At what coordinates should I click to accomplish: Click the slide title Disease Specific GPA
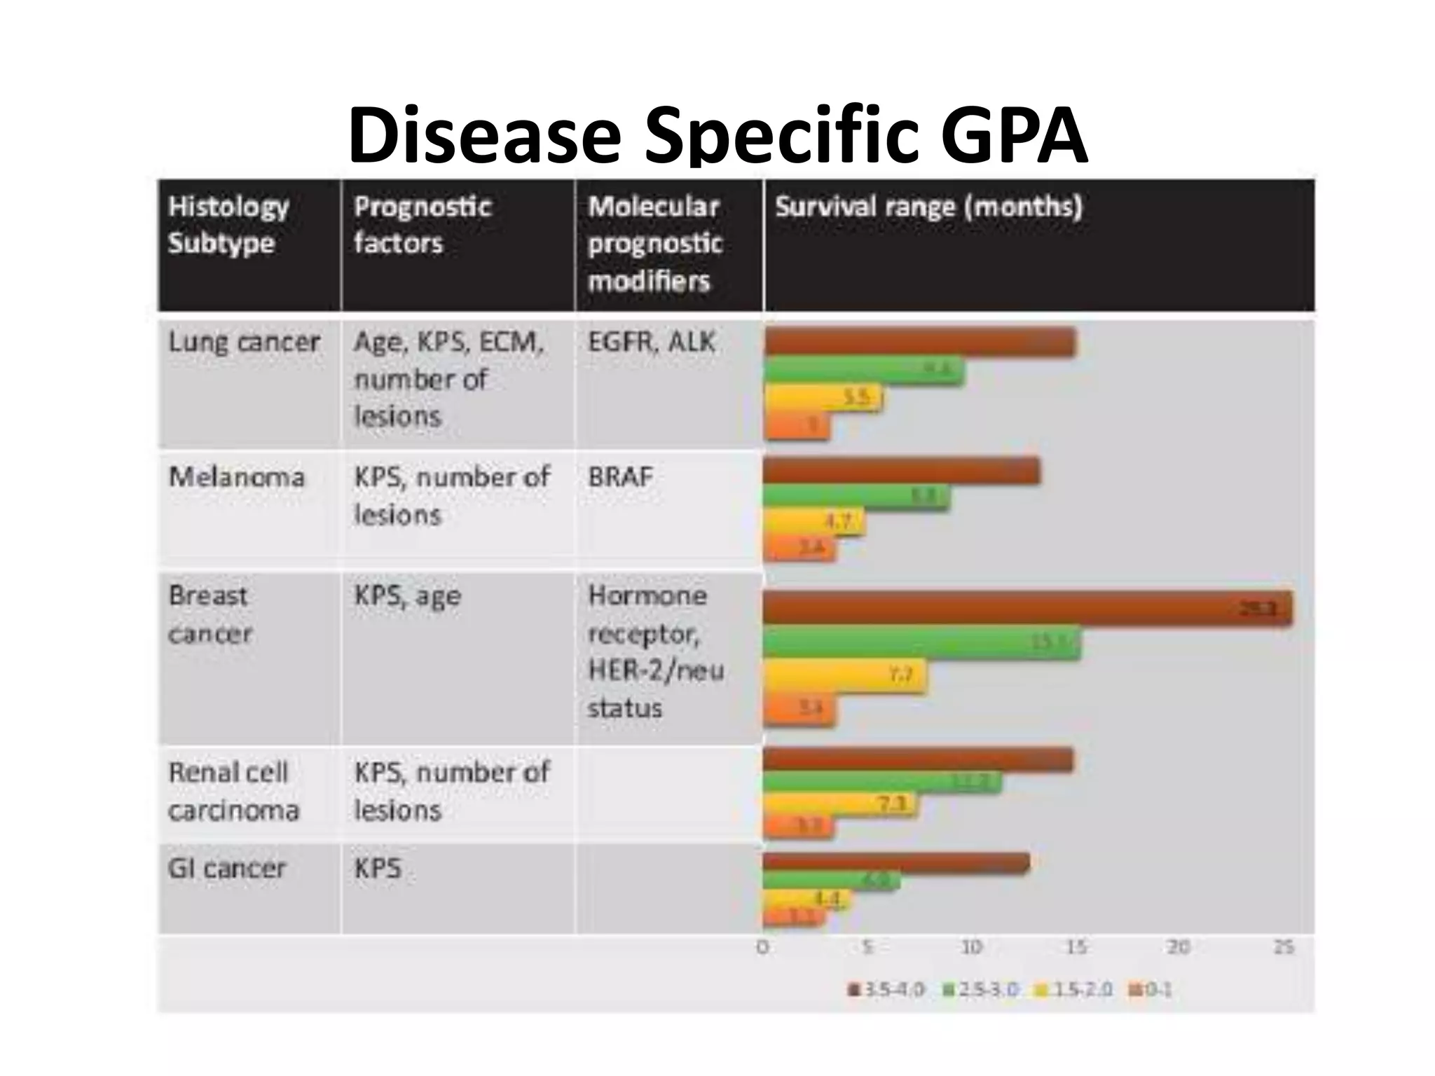[717, 134]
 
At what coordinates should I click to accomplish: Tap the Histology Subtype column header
[228, 225]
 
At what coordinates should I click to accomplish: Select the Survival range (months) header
[928, 207]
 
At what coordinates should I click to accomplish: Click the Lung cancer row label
[244, 342]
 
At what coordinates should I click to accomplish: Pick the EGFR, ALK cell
[652, 342]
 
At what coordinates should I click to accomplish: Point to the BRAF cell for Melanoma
[620, 477]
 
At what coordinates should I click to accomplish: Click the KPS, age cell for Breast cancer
[407, 596]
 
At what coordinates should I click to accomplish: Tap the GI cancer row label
[227, 869]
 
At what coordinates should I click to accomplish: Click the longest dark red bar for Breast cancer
[1027, 607]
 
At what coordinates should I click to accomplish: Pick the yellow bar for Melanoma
[813, 523]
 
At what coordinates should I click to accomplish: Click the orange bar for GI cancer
[793, 916]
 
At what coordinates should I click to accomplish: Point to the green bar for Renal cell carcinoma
[881, 782]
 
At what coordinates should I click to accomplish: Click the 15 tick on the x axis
[1076, 948]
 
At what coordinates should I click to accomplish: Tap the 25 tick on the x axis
[1284, 948]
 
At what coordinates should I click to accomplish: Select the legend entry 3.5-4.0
[886, 990]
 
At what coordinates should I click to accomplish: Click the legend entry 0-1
[1151, 990]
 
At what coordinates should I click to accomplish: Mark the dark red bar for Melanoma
[901, 471]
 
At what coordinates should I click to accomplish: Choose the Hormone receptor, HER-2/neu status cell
[655, 651]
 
